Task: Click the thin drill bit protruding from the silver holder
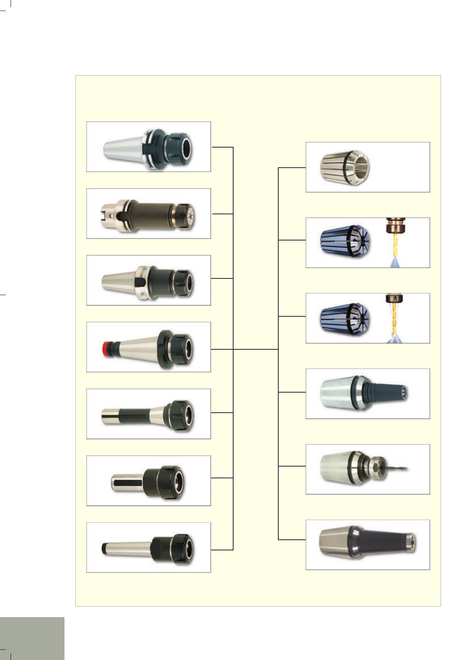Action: (396, 469)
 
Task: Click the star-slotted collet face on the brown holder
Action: (189, 215)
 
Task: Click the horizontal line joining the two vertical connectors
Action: (256, 349)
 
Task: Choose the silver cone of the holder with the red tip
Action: (138, 347)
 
